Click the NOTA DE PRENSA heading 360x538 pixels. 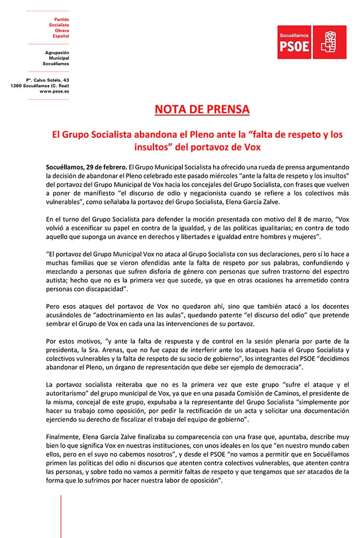pos(202,110)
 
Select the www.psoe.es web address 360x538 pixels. pos(54,91)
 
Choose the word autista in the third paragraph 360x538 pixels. pos(59,280)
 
